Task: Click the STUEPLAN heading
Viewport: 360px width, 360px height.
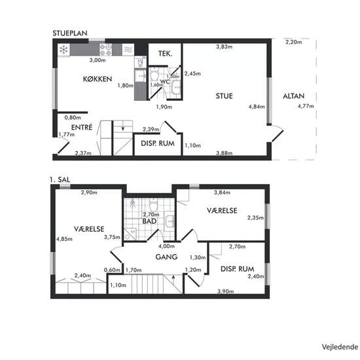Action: (x=70, y=33)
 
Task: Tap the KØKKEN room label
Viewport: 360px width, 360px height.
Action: (x=98, y=79)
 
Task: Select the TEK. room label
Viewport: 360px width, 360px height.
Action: (x=166, y=54)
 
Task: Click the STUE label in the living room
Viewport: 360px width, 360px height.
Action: (x=224, y=96)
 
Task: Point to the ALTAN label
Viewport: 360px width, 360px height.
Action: (x=293, y=96)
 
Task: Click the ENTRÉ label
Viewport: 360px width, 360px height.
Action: (x=82, y=127)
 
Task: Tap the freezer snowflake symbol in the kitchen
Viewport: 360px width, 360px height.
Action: (x=63, y=50)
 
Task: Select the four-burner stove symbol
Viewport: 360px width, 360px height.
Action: (x=105, y=50)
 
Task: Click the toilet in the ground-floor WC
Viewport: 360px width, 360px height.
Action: (x=154, y=75)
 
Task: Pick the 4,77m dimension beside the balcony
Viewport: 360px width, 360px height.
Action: (x=306, y=106)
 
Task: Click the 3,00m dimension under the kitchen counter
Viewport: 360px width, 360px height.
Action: (x=98, y=60)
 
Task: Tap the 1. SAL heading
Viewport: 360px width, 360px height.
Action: (x=60, y=179)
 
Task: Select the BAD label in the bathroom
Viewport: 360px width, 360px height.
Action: (x=149, y=221)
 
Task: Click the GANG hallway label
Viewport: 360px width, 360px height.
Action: (x=166, y=257)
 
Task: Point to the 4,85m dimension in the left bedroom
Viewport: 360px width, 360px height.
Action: (x=64, y=239)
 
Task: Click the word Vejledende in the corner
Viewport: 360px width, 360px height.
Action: (x=340, y=347)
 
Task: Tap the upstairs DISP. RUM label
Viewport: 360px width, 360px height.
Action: (x=237, y=269)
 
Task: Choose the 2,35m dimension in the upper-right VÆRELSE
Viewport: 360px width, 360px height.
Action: (x=255, y=217)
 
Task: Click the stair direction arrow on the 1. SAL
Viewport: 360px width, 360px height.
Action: (x=173, y=279)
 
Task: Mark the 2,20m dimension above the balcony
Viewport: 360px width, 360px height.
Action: (x=294, y=42)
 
